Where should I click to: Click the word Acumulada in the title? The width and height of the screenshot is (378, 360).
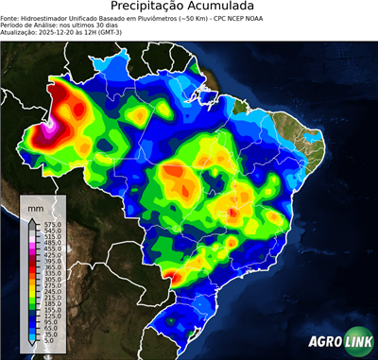click(228, 7)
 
